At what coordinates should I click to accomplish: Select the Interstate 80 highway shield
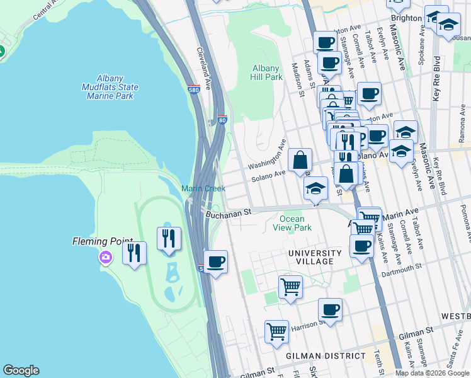222,119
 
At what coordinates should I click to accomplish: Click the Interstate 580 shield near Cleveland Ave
194,89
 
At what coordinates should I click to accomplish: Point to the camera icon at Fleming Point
105,256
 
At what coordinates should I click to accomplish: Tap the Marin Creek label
203,188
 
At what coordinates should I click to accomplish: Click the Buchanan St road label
229,213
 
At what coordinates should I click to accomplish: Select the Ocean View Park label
295,223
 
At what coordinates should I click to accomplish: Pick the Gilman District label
325,356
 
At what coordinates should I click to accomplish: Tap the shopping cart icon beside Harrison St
277,331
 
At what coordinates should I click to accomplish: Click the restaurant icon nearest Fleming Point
135,253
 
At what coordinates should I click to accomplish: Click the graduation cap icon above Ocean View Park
315,188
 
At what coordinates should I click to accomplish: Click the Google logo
21,370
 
